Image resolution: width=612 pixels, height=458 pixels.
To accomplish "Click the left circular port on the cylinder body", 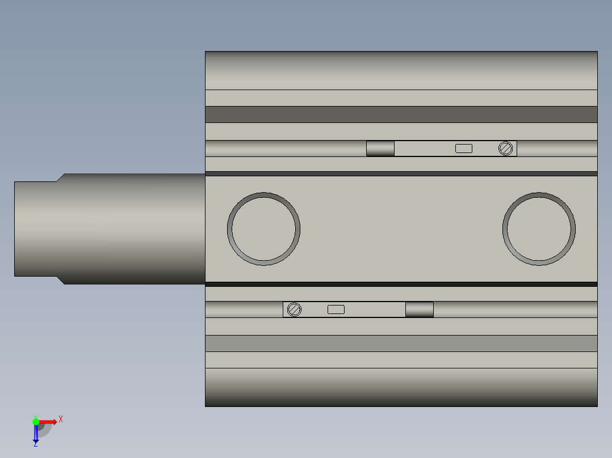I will [263, 229].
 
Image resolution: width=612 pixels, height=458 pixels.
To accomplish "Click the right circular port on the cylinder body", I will [539, 229].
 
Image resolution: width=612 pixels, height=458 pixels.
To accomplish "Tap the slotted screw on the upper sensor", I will [506, 149].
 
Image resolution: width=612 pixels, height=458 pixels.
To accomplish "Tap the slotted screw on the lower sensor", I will [294, 309].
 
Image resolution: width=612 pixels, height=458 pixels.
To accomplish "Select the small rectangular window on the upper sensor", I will [464, 149].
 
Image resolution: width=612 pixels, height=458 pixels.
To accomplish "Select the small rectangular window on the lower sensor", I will [336, 309].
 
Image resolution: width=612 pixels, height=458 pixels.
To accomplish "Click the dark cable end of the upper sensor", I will [380, 149].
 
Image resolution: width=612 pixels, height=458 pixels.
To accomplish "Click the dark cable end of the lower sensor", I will [420, 309].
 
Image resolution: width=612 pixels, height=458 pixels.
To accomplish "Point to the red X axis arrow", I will [49, 422].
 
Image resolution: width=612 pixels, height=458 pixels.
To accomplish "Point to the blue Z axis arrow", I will [36, 434].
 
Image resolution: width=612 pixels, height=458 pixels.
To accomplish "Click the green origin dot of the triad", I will [36, 422].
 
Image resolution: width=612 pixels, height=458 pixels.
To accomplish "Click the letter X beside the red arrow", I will [61, 419].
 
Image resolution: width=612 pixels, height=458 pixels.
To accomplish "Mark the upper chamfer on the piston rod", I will [60, 177].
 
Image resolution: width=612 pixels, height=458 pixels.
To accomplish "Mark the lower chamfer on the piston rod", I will [60, 280].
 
